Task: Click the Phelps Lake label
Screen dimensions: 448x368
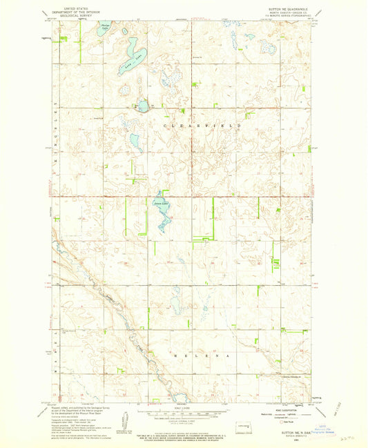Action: (106, 28)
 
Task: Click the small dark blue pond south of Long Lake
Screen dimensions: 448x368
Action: (143, 106)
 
